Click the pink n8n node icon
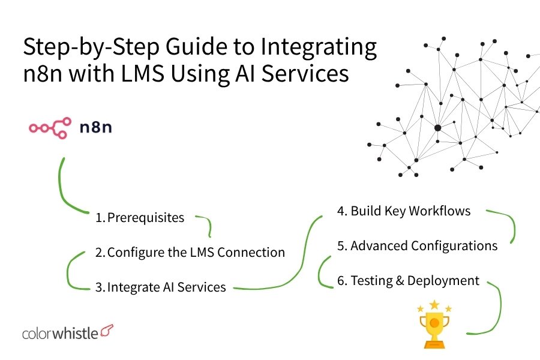50,127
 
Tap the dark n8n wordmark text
96,127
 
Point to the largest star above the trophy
434,304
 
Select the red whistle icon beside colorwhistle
107,331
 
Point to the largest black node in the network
437,128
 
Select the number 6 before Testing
341,280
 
